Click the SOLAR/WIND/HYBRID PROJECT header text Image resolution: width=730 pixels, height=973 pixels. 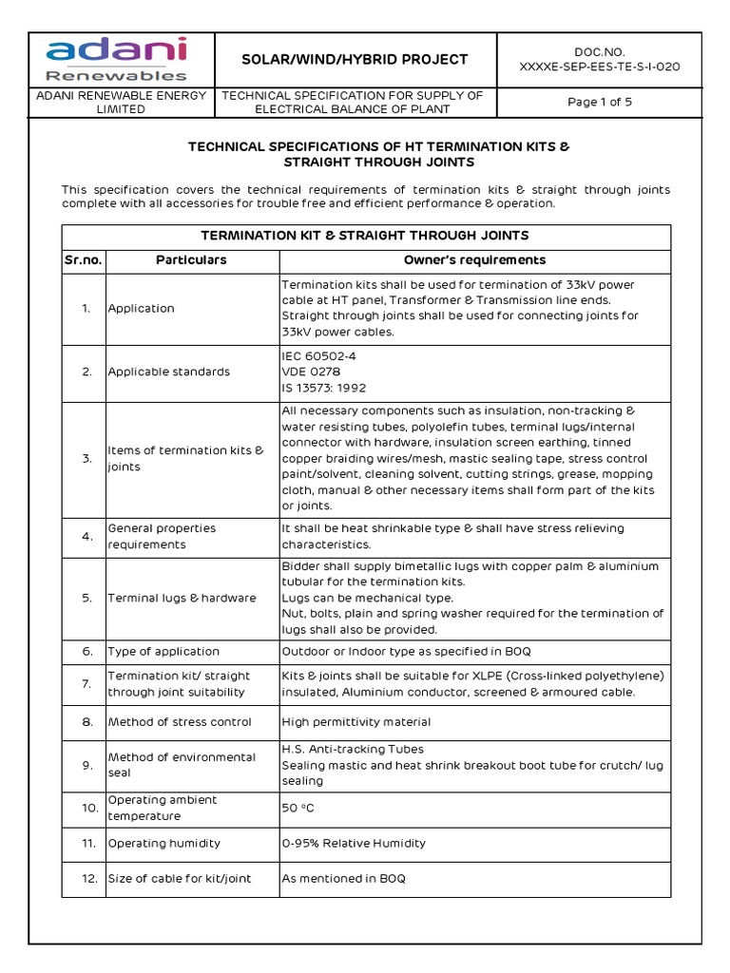[355, 59]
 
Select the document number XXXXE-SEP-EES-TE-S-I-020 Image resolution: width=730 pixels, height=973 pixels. [599, 67]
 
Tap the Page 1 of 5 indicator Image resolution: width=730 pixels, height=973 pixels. [599, 103]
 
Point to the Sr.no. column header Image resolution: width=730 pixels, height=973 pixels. [84, 260]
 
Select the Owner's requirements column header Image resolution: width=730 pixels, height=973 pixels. [474, 260]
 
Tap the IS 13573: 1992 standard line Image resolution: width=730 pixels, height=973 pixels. [323, 388]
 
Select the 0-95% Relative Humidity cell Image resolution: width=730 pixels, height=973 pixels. [354, 843]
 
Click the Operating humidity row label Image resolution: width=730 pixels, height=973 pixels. [163, 843]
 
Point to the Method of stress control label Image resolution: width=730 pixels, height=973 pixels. [180, 722]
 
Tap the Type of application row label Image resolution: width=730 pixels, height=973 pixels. [163, 651]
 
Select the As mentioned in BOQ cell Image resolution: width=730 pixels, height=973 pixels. [343, 879]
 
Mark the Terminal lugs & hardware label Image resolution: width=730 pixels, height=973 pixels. [182, 598]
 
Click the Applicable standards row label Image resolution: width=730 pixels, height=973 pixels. [169, 372]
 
